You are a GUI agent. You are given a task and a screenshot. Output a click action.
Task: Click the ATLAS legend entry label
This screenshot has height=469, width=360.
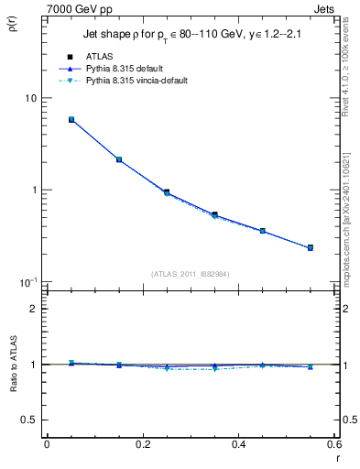[x=111, y=57]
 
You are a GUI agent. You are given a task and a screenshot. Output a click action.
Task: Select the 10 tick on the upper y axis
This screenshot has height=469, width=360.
[x=30, y=98]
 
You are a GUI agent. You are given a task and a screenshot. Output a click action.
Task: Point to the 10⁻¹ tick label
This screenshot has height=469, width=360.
[x=27, y=281]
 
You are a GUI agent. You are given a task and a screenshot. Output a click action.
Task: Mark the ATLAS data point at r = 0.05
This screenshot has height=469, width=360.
[x=71, y=119]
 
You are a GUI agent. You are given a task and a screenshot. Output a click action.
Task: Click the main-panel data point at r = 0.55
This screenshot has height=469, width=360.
[x=311, y=247]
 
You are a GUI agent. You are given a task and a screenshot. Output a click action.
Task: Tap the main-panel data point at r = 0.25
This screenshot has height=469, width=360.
[x=167, y=192]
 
